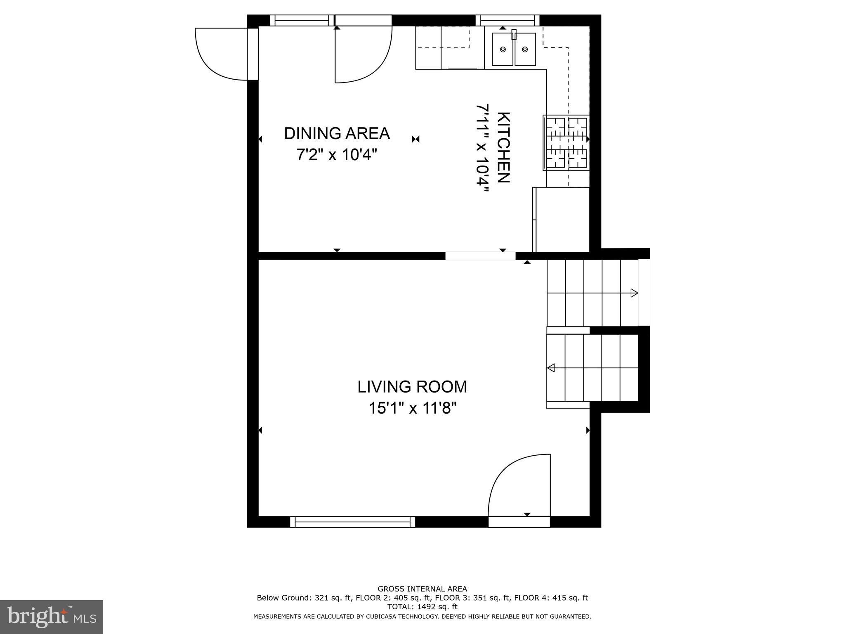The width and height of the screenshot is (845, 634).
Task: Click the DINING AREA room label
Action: point(337,133)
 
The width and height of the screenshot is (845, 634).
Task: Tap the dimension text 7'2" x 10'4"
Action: point(337,155)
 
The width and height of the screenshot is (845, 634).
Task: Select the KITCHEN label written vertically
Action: point(504,147)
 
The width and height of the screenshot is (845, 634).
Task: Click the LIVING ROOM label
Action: point(412,387)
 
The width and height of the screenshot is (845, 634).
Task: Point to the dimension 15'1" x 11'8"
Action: point(412,409)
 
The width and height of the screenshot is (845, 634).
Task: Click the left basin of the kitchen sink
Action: point(503,50)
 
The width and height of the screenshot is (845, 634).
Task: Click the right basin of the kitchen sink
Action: point(525,50)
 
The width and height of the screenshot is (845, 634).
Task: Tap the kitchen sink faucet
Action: point(514,35)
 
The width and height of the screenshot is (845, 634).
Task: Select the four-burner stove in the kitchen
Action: point(566,143)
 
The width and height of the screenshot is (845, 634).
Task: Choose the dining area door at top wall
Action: point(361,54)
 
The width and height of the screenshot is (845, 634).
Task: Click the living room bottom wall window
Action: point(352,522)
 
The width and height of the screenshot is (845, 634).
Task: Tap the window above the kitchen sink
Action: point(507,20)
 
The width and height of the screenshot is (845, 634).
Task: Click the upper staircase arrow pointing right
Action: point(634,293)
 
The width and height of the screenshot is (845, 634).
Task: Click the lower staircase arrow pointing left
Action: point(551,368)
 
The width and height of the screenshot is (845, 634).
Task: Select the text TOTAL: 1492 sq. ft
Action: point(422,607)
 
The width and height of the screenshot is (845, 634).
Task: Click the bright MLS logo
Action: point(52,617)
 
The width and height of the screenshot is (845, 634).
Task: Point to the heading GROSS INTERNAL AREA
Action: point(422,589)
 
